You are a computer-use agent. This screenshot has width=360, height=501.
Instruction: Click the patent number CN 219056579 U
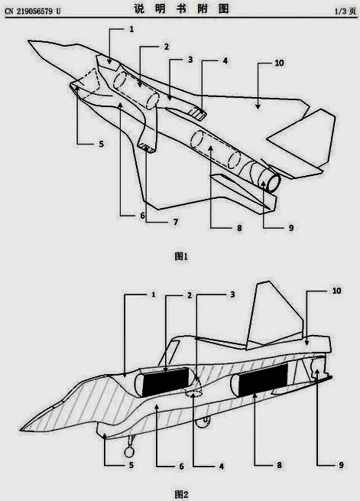pyautogui.click(x=33, y=11)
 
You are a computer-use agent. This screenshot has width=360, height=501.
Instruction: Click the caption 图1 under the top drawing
pyautogui.click(x=181, y=256)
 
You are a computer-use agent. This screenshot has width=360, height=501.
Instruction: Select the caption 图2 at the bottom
pyautogui.click(x=181, y=495)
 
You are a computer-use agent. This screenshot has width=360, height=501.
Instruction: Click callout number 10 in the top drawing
pyautogui.click(x=279, y=63)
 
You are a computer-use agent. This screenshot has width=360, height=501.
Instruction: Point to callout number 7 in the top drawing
pyautogui.click(x=176, y=222)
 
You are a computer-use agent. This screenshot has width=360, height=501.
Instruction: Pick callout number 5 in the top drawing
pyautogui.click(x=101, y=144)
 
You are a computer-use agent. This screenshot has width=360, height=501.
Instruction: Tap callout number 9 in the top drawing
pyautogui.click(x=290, y=228)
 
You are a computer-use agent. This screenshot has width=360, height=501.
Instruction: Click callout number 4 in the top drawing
pyautogui.click(x=225, y=60)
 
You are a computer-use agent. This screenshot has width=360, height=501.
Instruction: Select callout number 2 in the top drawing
pyautogui.click(x=167, y=47)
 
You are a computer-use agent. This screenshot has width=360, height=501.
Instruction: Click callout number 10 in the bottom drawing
pyautogui.click(x=336, y=291)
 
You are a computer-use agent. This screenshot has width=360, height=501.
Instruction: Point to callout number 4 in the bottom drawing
pyautogui.click(x=221, y=467)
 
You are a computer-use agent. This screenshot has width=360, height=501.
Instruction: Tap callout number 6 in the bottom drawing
pyautogui.click(x=181, y=467)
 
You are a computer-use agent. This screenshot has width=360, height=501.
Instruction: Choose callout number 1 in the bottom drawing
pyautogui.click(x=154, y=294)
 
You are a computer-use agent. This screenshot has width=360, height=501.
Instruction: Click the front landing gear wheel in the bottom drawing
pyautogui.click(x=130, y=451)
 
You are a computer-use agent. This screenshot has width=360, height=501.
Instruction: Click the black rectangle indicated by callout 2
pyautogui.click(x=165, y=381)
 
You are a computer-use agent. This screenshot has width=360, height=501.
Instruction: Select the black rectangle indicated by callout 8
pyautogui.click(x=263, y=379)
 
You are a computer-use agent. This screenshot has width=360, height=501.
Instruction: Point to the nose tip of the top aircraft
pyautogui.click(x=29, y=41)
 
